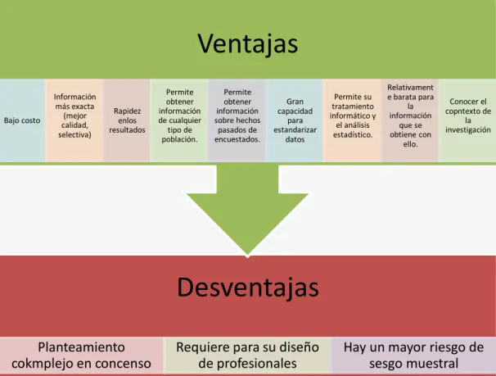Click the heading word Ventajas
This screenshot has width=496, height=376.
click(248, 43)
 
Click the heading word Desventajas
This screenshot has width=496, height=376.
click(248, 288)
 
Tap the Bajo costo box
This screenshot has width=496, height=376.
click(22, 120)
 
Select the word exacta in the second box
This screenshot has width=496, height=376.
click(83, 106)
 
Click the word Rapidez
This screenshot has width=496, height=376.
click(127, 111)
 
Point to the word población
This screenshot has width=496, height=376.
click(180, 139)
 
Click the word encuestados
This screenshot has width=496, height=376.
click(237, 139)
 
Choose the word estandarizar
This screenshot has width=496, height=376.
click(295, 130)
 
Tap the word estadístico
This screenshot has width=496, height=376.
click(353, 134)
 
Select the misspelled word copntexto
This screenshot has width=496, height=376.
click(468, 111)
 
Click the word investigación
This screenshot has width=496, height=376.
click(468, 129)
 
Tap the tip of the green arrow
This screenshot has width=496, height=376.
click(248, 256)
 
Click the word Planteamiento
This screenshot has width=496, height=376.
click(81, 347)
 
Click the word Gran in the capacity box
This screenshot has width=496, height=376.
click(295, 102)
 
